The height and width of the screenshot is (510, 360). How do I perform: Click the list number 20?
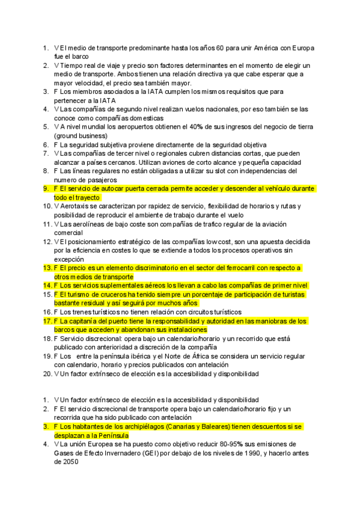(x=46, y=373)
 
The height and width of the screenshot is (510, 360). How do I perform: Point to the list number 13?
(x=46, y=268)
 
